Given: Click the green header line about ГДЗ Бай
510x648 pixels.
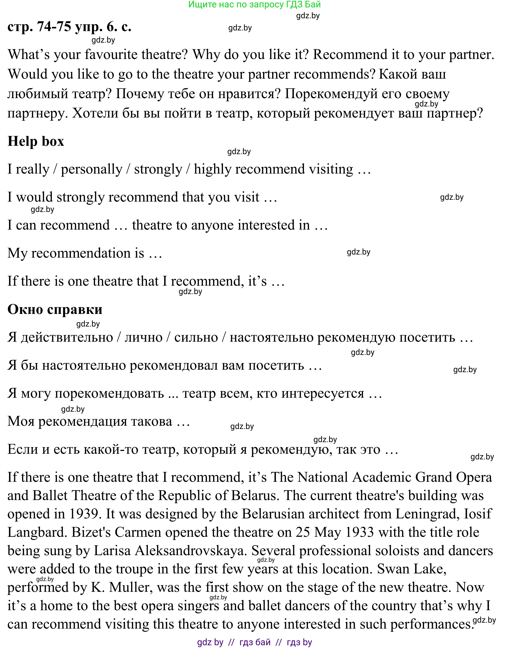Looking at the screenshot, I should [x=254, y=5].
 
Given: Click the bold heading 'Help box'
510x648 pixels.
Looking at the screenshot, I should [x=36, y=141].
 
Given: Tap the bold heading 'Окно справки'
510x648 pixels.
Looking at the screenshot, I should [x=55, y=309].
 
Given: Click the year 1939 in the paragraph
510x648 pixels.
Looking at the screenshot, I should [x=84, y=514].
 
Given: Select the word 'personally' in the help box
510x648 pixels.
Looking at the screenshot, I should [x=92, y=169].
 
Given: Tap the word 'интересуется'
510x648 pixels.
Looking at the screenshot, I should [x=323, y=393].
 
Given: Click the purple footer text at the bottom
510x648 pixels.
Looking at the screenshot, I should [x=254, y=642].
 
